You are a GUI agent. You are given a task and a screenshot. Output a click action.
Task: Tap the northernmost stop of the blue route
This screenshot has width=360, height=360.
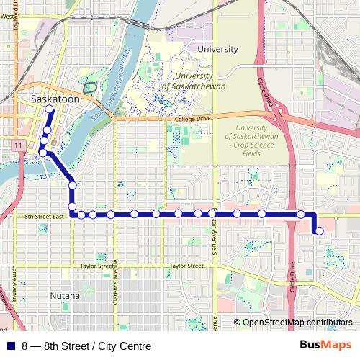pos(49,109)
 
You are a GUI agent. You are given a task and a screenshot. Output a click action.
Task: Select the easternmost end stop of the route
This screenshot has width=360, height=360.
pos(319,230)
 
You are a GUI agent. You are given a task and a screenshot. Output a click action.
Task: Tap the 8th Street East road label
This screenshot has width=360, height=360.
pos(45,216)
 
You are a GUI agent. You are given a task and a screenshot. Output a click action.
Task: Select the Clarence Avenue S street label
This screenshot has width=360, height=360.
pos(114,281)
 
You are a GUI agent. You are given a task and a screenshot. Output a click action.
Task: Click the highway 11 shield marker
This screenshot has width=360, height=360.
pos(15,145)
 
